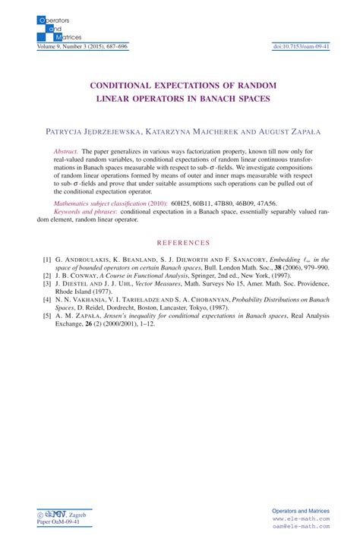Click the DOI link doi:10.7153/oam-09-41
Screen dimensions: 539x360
pos(302,46)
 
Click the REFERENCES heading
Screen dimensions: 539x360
pos(180,242)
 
